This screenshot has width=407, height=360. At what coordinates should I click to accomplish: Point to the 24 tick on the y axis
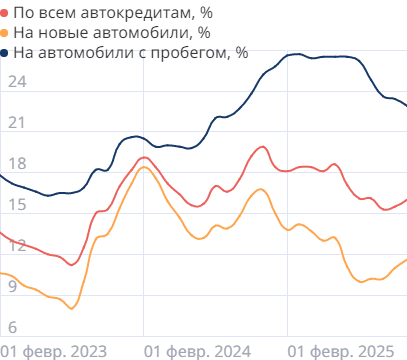tap(15, 82)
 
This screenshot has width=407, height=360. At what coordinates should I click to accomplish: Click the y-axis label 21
tap(15, 123)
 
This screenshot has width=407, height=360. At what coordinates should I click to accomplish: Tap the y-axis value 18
tap(15, 164)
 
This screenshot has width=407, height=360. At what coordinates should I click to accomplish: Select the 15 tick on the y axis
tap(15, 205)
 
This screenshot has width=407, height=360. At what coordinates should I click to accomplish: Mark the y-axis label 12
tap(15, 246)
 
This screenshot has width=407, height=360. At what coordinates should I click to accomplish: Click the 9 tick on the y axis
tap(12, 287)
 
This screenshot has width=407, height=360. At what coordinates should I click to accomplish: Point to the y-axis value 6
tap(12, 327)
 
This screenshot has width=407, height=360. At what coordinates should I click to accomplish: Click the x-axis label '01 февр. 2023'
tap(55, 350)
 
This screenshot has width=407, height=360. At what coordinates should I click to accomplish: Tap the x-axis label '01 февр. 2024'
tap(197, 350)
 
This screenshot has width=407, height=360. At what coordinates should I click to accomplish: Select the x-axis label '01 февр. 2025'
tap(339, 350)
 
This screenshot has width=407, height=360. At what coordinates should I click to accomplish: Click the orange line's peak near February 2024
tap(145, 167)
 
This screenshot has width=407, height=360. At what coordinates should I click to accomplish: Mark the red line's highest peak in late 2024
tap(263, 147)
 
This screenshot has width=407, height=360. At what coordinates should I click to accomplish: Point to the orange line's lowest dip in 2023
tap(71, 309)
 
